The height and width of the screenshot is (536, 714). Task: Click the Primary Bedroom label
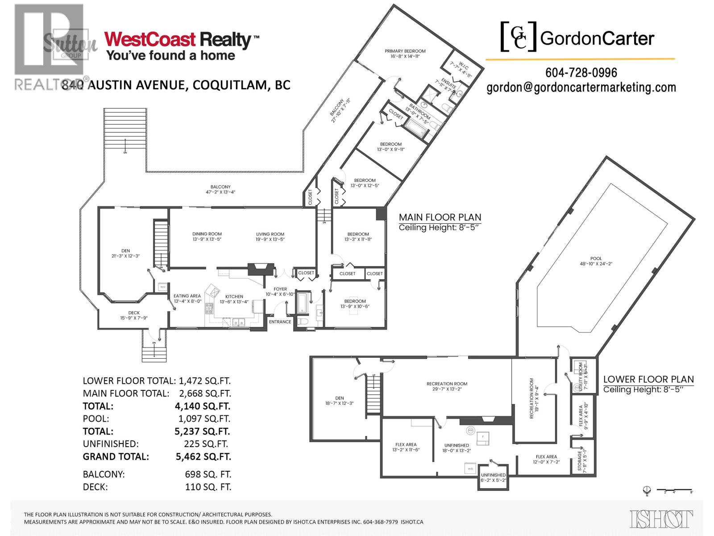pos(405,51)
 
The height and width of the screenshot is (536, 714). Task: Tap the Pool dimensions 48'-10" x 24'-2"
pos(596,264)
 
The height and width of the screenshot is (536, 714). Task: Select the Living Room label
pos(270,234)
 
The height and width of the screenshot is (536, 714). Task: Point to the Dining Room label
pos(207,234)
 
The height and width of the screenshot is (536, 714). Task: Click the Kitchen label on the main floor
pos(234,297)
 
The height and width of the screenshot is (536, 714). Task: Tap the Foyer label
pos(280,289)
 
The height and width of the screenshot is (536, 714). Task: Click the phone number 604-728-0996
pos(581,72)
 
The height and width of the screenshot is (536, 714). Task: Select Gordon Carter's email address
pos(581,88)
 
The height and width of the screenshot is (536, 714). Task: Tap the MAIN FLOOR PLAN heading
pos(440,218)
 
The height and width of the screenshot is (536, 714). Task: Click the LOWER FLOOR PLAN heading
pos(648,379)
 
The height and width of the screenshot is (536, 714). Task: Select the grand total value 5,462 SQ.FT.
pos(203,456)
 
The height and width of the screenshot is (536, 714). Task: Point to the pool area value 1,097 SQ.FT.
pos(203,419)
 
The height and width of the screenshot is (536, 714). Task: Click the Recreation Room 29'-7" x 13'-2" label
pos(447,384)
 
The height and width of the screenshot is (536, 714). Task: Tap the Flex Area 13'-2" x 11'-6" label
pos(406,444)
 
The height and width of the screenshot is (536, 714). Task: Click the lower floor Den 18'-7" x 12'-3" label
pos(340,398)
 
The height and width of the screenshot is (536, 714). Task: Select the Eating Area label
pos(187,296)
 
